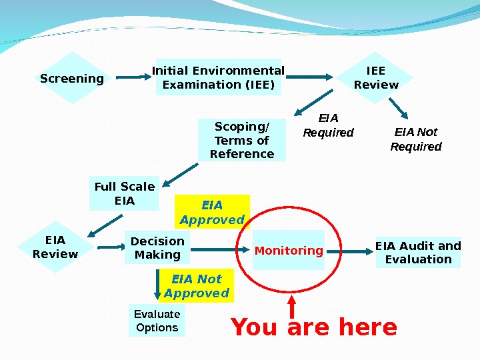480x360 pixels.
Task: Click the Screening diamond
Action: point(72,79)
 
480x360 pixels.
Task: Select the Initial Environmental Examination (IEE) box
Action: point(219,77)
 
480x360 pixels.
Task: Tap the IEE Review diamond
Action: point(376,78)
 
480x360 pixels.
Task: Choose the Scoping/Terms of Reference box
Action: point(241,140)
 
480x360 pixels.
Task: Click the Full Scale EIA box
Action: point(125,193)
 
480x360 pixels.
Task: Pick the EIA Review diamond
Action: point(55,247)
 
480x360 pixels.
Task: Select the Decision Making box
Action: point(157,248)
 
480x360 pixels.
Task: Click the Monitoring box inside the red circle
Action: point(289,251)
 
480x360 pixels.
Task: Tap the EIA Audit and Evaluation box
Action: point(418,252)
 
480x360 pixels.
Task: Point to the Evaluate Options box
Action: point(157,321)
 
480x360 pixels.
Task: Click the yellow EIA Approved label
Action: point(212,212)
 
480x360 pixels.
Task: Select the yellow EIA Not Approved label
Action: point(196,286)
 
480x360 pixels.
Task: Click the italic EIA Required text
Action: point(328,125)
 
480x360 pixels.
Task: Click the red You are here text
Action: point(313,328)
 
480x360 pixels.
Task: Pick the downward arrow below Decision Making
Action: point(158,284)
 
